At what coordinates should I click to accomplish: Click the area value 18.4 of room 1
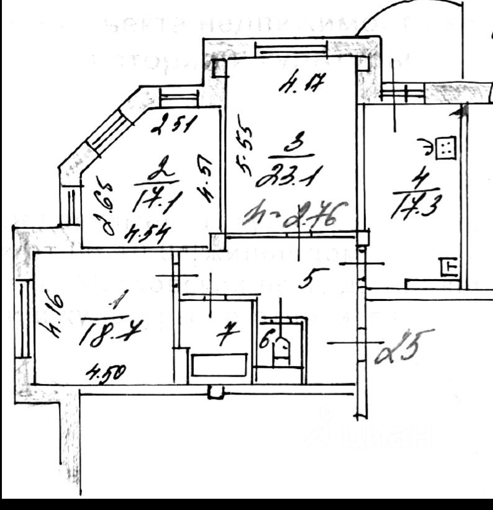(109, 336)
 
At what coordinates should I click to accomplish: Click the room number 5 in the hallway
(305, 280)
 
